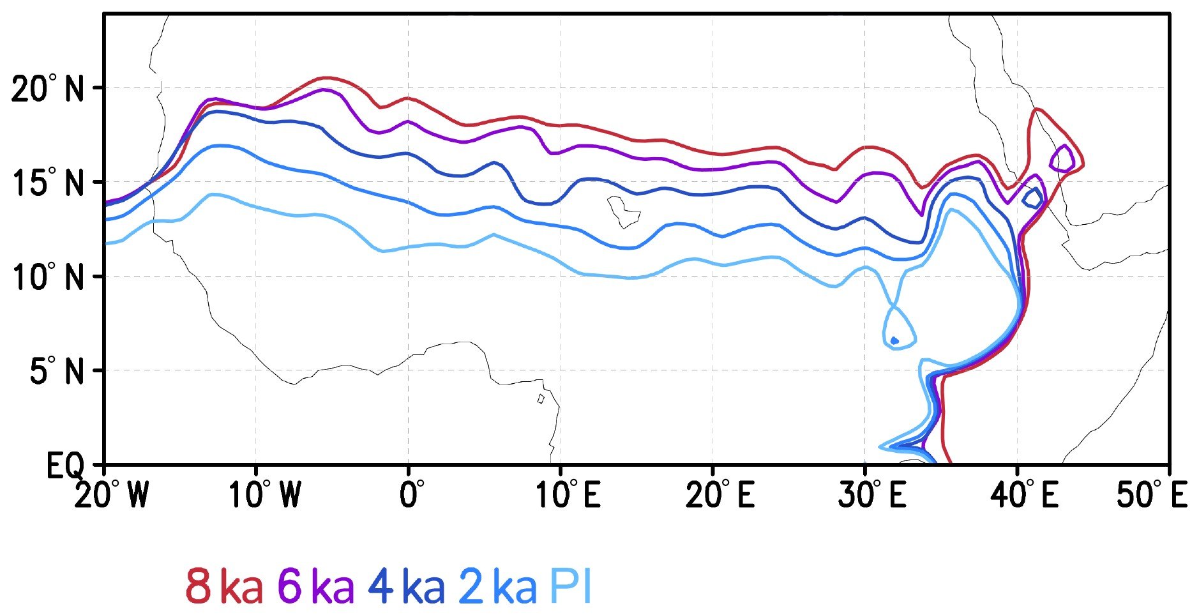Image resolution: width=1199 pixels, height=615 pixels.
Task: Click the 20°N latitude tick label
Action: point(47,89)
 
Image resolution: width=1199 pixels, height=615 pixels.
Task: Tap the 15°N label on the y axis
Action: point(47,183)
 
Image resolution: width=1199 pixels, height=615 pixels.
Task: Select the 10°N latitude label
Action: point(47,277)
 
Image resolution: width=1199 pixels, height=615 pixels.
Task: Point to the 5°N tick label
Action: point(56,371)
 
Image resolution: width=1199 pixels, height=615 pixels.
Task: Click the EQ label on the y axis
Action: point(64,466)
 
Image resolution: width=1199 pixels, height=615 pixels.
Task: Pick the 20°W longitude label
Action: point(111,496)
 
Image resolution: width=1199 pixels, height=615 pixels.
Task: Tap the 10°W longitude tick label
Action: point(264,496)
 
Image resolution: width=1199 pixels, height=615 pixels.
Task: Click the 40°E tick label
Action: point(1024,496)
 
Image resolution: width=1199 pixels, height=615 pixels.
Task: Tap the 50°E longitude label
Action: point(1151,496)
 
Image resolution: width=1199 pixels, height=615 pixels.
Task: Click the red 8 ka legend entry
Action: point(223,587)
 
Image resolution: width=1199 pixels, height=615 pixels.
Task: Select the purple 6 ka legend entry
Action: point(316,587)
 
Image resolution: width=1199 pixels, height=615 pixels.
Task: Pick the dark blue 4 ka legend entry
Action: point(407,587)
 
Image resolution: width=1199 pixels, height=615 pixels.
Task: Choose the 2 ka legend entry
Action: point(498,587)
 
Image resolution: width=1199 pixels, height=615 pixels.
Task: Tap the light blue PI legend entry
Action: point(571,587)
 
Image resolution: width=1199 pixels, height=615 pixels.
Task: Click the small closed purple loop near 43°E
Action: point(1062,158)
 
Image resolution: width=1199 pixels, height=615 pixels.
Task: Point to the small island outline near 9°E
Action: point(541,399)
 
